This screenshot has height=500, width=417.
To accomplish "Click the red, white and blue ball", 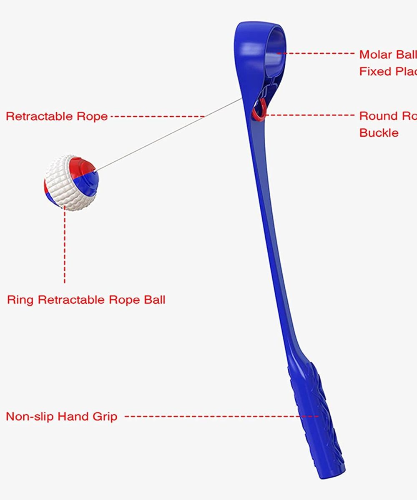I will pyautogui.click(x=71, y=183).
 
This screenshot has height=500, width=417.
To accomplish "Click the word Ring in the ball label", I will pyautogui.click(x=20, y=300).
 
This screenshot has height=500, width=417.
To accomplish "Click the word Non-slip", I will pyautogui.click(x=29, y=416).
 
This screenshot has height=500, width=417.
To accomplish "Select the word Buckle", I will pyautogui.click(x=379, y=133).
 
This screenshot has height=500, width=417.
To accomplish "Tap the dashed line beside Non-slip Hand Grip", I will pyautogui.click(x=217, y=416).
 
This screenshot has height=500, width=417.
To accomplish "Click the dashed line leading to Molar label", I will pyautogui.click(x=317, y=53).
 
